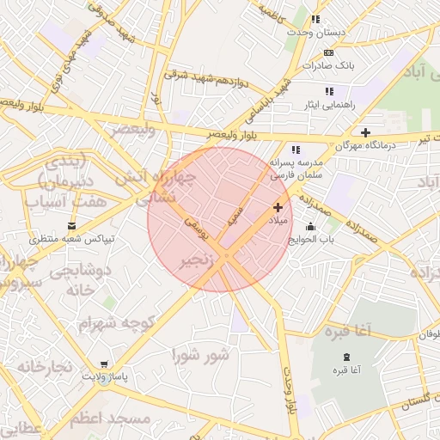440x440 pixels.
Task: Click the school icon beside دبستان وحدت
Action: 315,19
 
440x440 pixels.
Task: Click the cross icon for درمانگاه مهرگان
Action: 366,132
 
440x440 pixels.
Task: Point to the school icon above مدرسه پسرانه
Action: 296,150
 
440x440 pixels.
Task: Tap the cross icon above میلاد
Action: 278,207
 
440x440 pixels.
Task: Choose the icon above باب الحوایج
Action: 310,226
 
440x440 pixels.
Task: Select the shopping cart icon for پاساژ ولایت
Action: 104,365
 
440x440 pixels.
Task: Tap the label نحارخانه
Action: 35,367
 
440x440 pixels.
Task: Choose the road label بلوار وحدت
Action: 292,394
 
